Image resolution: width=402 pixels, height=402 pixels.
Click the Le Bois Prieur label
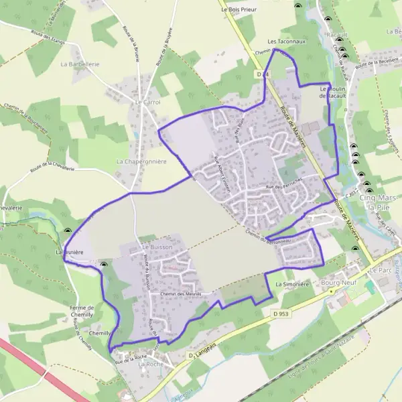click(239, 9)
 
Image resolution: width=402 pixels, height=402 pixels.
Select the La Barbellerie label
click(80, 64)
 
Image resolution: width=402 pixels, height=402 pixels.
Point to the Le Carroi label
click(148, 102)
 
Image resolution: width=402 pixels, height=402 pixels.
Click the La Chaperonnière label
click(141, 161)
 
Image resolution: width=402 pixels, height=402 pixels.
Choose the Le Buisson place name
click(157, 247)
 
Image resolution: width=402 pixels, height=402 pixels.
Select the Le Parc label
click(379, 269)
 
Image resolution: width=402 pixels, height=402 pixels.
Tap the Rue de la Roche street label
click(131, 357)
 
